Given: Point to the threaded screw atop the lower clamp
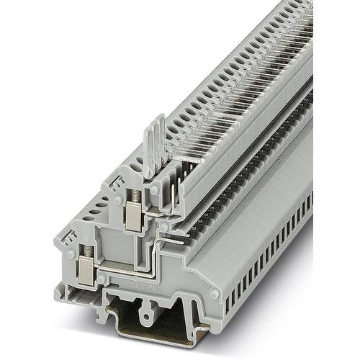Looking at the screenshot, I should click(x=86, y=251).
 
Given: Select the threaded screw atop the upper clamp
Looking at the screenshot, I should click(x=133, y=196).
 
